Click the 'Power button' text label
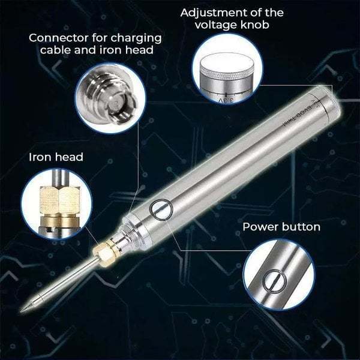281,227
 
